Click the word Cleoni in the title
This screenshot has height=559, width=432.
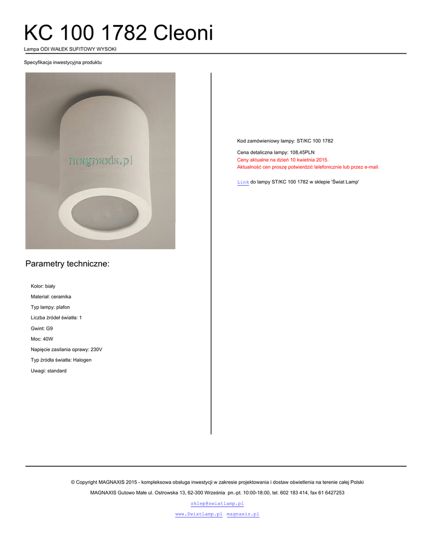[183, 33]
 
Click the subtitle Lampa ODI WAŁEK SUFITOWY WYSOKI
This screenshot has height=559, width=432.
[70, 49]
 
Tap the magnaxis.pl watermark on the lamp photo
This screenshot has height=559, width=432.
[100, 160]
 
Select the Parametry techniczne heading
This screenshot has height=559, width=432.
[67, 264]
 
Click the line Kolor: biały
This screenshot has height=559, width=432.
[43, 286]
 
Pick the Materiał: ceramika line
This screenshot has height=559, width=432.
[51, 296]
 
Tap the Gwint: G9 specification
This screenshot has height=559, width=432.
[42, 329]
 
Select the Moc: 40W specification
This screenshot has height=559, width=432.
[42, 339]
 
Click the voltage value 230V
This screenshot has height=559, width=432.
[96, 349]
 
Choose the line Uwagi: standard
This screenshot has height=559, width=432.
[49, 371]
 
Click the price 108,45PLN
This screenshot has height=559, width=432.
[301, 152]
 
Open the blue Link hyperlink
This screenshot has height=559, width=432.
[242, 182]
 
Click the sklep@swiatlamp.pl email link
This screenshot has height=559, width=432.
[217, 503]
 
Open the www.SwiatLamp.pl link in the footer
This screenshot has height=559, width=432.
[198, 514]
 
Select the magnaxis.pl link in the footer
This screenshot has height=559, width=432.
[242, 514]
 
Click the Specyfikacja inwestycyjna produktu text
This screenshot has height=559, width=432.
[63, 62]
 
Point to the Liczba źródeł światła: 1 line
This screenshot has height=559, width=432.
[56, 318]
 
